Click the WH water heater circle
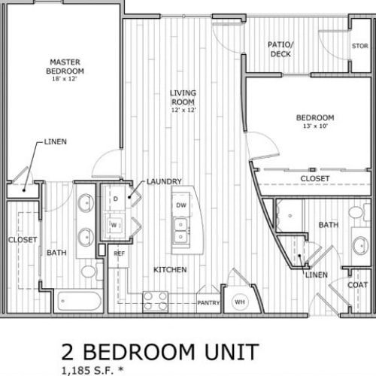click(x=240, y=302)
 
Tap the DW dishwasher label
click(x=181, y=205)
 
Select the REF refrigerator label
click(x=120, y=253)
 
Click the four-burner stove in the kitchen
click(x=155, y=302)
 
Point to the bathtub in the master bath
click(x=79, y=301)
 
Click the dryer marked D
click(x=115, y=199)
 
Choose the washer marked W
click(x=114, y=225)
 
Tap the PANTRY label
click(x=208, y=303)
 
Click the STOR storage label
click(x=360, y=46)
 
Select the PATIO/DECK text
click(x=280, y=49)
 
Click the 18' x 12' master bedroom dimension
click(x=65, y=79)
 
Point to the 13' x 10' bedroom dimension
click(x=315, y=126)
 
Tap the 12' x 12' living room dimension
click(x=183, y=110)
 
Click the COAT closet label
click(x=357, y=285)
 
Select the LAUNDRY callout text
click(x=164, y=181)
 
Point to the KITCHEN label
click(x=170, y=270)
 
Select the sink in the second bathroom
click(x=360, y=246)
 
